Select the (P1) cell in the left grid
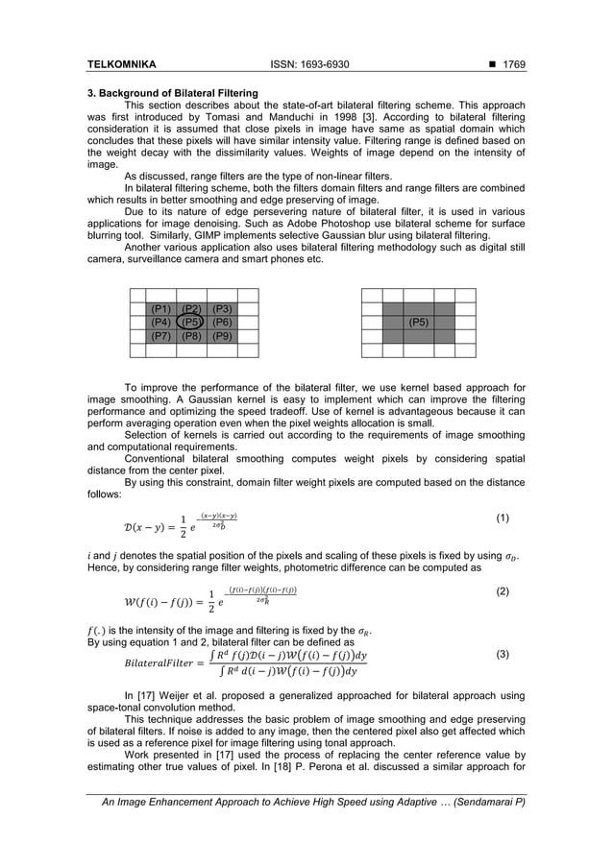[x=160, y=309]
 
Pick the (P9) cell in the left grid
[x=222, y=336]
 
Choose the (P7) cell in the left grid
[x=160, y=336]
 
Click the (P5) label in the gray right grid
[x=418, y=323]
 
